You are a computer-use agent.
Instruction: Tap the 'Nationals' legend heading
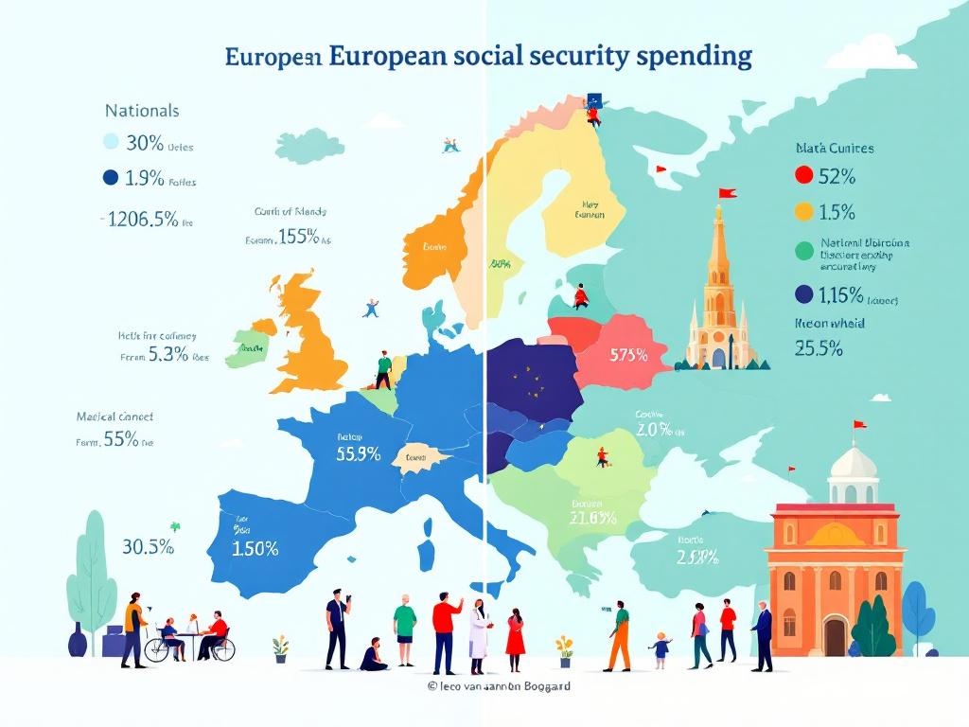142,111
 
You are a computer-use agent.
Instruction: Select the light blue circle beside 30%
109,143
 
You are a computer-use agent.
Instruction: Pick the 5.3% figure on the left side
167,357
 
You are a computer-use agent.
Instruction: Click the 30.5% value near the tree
148,546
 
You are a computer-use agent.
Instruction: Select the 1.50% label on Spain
255,548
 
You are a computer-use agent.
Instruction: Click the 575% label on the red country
628,356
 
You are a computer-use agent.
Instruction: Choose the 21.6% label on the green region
593,518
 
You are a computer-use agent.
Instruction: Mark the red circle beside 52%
804,175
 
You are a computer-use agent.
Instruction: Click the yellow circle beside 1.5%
804,211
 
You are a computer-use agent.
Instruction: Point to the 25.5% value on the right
819,347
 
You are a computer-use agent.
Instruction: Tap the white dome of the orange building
853,464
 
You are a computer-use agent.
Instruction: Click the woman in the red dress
515,634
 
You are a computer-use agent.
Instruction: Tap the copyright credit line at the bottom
498,686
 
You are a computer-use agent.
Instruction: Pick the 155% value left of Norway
299,238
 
